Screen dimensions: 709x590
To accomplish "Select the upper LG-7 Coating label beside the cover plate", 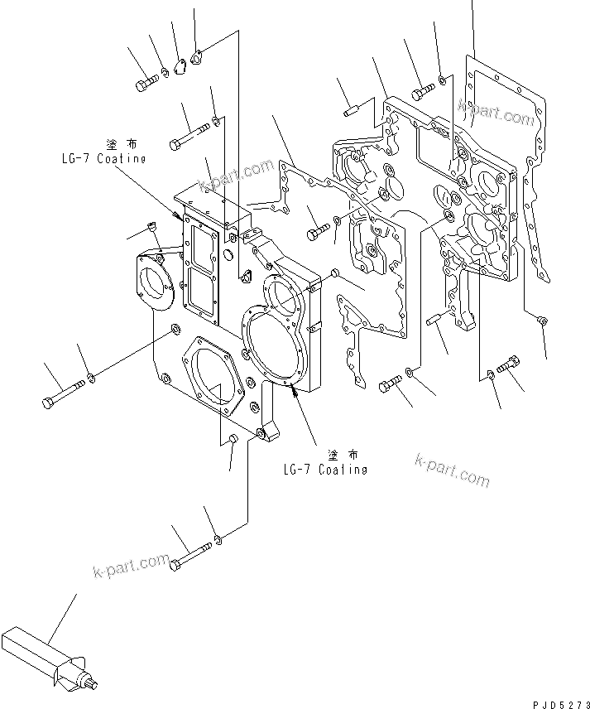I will click(x=103, y=158).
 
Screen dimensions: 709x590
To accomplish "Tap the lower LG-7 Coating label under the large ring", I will click(x=324, y=470).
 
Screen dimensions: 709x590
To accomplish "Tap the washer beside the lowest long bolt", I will click(x=218, y=541).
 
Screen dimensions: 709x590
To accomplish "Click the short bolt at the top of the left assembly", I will click(x=146, y=82).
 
